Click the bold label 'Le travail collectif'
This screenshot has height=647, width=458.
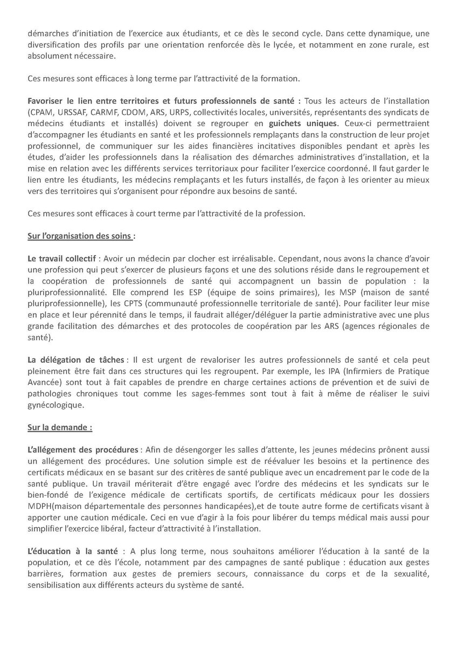tap(60, 258)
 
